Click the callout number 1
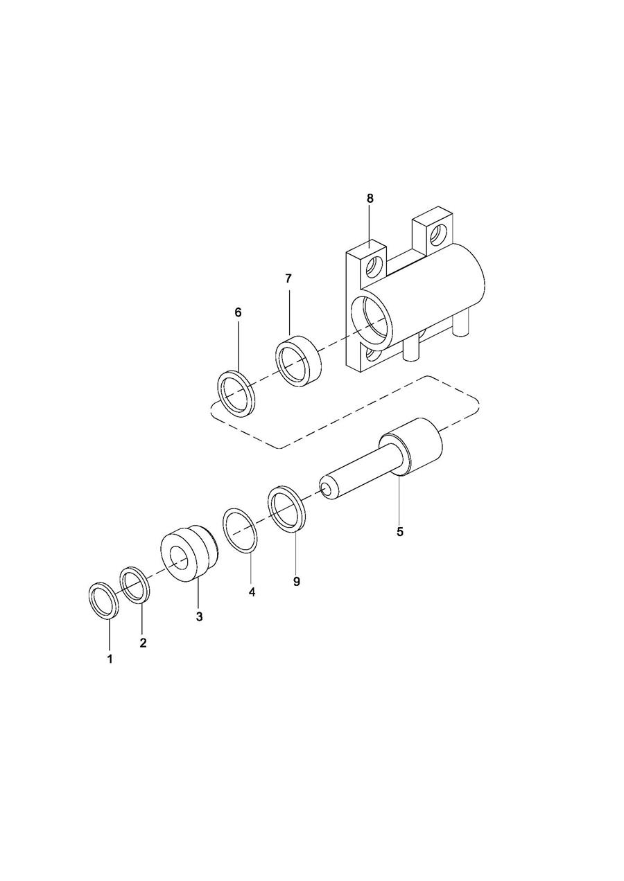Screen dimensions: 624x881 point(110,659)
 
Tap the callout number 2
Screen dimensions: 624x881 point(143,643)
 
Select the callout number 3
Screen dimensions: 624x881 point(200,616)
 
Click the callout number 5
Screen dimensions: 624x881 point(400,532)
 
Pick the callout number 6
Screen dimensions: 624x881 point(237,312)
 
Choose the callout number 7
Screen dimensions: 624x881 point(288,278)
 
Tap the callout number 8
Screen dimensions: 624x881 point(370,198)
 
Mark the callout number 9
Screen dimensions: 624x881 point(297,581)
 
